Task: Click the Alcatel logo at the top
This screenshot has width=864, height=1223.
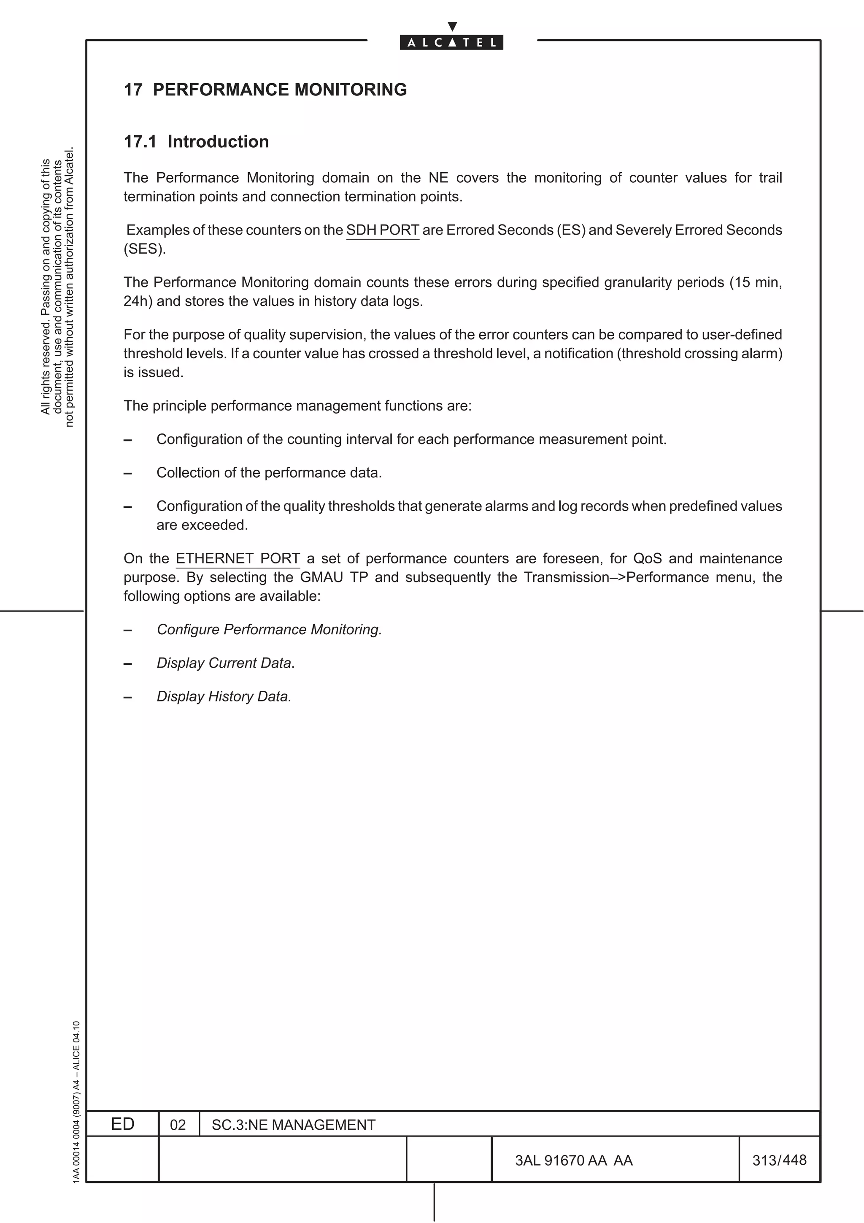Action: (451, 38)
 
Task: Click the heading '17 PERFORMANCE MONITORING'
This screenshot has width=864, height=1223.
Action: (265, 89)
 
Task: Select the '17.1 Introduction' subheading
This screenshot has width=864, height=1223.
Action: (196, 142)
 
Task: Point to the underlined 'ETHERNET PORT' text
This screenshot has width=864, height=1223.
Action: (238, 558)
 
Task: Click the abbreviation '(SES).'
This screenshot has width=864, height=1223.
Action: (145, 249)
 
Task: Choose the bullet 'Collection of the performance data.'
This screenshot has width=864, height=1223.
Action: (269, 473)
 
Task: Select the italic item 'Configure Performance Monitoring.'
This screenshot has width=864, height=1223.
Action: (269, 630)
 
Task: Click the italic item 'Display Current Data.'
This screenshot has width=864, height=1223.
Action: (225, 663)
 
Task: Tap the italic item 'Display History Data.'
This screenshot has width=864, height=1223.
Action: (224, 697)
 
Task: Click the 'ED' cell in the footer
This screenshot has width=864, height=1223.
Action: (122, 1124)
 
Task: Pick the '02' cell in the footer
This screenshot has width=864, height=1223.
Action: (178, 1125)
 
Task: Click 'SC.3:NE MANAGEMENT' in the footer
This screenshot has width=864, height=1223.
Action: (293, 1125)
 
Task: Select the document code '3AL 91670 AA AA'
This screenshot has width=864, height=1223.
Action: (573, 1160)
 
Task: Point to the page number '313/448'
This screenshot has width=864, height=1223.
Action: (779, 1160)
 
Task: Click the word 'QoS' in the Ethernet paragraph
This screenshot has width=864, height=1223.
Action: (647, 558)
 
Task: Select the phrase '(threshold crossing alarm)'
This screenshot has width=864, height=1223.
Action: (699, 354)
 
